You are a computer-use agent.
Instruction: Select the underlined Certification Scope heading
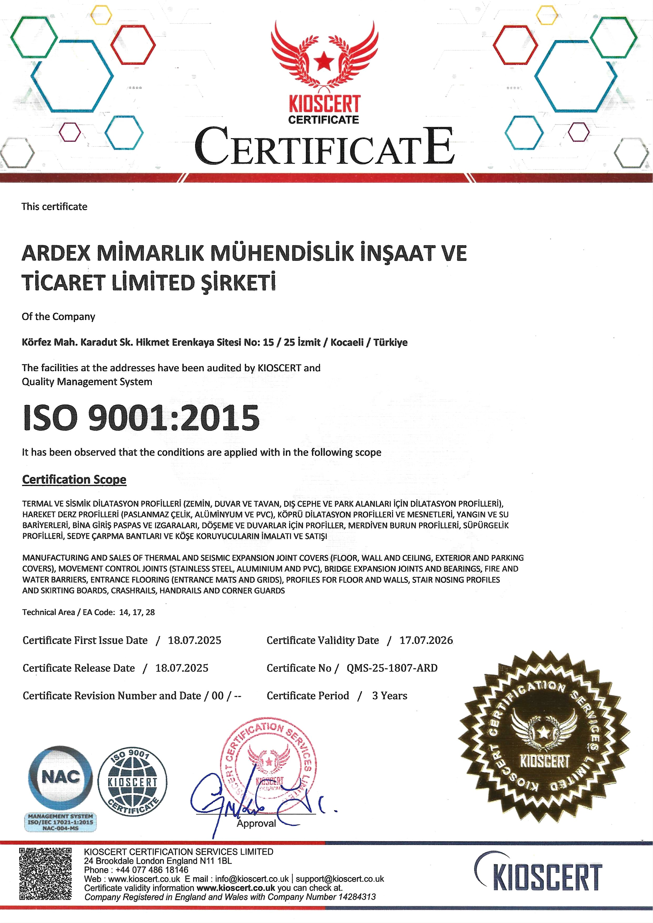coord(75,479)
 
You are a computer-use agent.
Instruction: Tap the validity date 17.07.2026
coord(426,640)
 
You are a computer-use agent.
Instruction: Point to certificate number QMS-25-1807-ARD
coord(392,668)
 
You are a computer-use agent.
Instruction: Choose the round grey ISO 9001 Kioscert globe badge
coord(133,782)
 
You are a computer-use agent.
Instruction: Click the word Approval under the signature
coord(256,823)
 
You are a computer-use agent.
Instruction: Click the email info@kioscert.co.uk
coord(252,879)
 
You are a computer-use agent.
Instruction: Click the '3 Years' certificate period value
coord(389,696)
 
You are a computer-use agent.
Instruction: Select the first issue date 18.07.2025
coord(195,640)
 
